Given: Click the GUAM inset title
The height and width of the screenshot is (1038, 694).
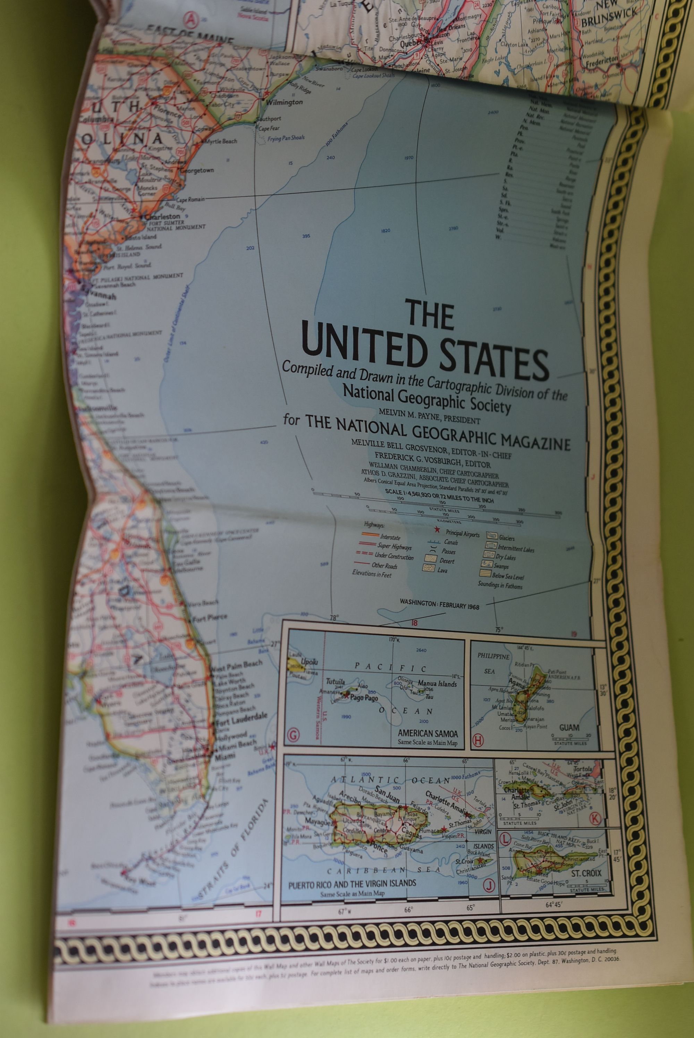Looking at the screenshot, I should pyautogui.click(x=569, y=728).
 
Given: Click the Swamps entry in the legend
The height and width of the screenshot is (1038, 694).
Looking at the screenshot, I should pyautogui.click(x=500, y=566).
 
